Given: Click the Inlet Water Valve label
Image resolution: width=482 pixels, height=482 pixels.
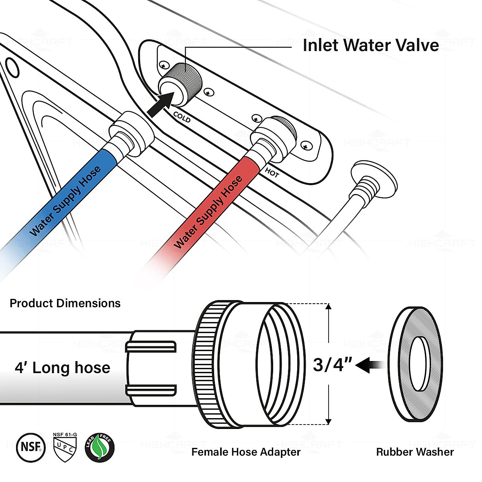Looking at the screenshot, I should (x=370, y=45).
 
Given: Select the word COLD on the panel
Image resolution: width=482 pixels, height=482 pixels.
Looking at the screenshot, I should (x=182, y=117).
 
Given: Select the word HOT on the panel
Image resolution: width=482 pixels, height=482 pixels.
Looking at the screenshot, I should (x=272, y=173).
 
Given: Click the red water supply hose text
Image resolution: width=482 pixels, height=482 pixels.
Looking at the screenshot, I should (x=208, y=212).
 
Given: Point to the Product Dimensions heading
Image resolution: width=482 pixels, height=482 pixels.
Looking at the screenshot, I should (x=65, y=303).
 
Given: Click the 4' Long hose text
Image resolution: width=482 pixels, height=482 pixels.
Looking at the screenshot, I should (x=63, y=368).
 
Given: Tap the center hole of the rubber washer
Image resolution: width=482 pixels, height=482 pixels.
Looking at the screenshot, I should (x=420, y=364).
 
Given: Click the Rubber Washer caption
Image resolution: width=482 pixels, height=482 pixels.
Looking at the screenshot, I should (x=415, y=452).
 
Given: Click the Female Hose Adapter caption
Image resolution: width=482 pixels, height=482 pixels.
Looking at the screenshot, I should (x=246, y=452).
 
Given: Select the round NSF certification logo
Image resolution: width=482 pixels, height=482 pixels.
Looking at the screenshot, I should (x=31, y=447).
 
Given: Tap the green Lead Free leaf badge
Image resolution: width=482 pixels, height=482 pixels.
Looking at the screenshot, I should (x=100, y=447).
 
